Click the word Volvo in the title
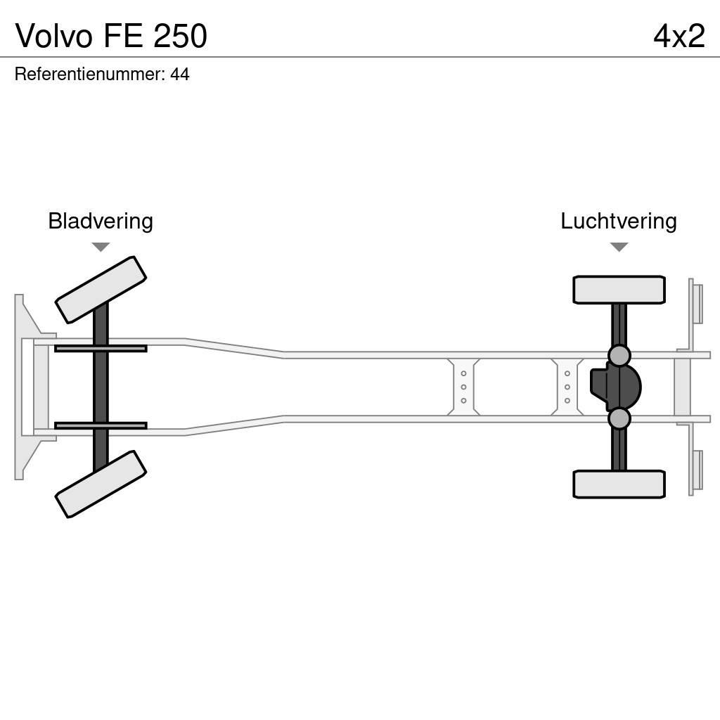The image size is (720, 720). pos(54,36)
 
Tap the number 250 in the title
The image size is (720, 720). pos(180,36)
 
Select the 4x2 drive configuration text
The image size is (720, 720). pos(679,36)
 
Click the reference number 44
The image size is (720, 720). pos(180,74)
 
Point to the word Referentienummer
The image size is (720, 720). pos(89,74)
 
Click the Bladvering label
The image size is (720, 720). pos(101,221)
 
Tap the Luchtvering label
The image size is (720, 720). pos(618,221)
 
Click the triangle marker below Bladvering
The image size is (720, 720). pos(101,247)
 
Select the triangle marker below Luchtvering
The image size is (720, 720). pos(619,247)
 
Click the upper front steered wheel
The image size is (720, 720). pos(101,290)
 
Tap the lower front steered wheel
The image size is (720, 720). pos(101,484)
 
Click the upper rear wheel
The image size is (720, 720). pos(619,290)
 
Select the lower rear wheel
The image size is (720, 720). pos(619,484)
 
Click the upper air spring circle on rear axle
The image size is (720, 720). pos(619,356)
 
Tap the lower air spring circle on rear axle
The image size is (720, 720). pos(619,419)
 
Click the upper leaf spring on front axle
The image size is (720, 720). pos(101,349)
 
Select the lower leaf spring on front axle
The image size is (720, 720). pos(101,425)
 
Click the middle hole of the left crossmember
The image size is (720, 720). pos(463,387)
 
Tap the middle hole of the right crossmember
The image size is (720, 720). pos(567,387)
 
